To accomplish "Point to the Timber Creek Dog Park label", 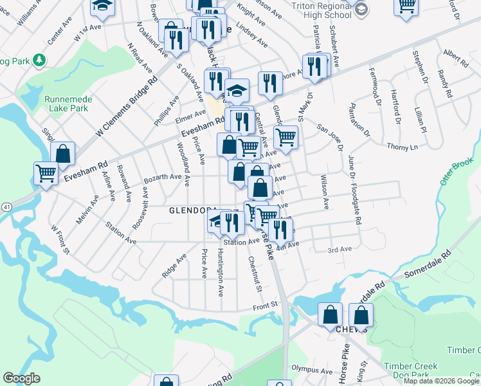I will [x=411, y=370].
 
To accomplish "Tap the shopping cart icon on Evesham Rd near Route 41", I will [x=46, y=172].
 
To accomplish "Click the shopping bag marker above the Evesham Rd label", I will [x=62, y=153].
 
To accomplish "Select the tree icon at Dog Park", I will [x=40, y=60].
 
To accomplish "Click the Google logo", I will [x=21, y=378].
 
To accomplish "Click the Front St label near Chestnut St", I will [x=264, y=304].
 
